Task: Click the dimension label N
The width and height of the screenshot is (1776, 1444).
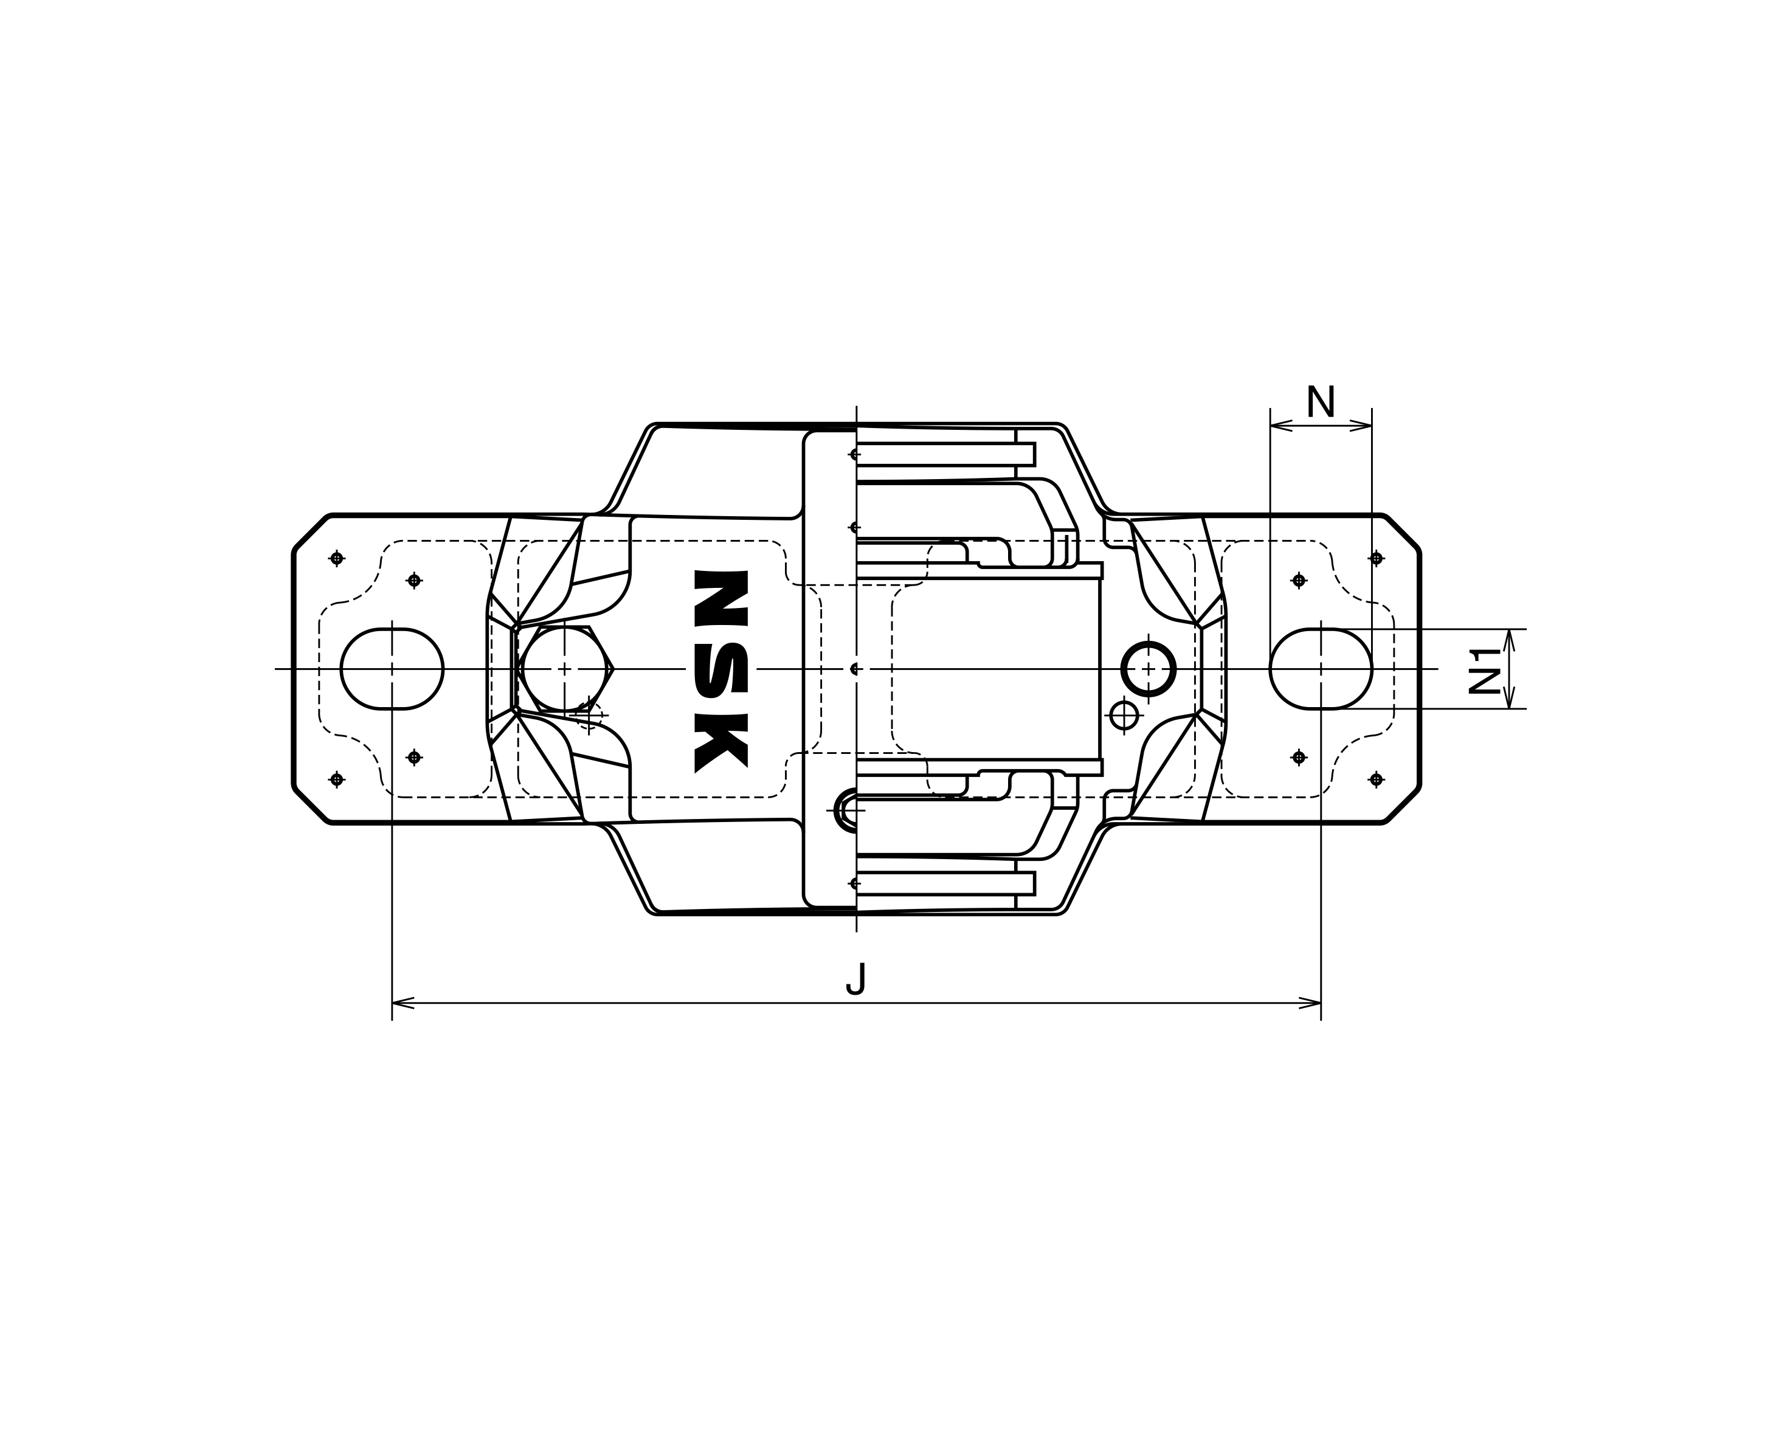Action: (x=1320, y=402)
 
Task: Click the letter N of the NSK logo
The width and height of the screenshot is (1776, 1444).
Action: (x=721, y=599)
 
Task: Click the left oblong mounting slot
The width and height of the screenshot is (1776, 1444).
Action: (x=392, y=669)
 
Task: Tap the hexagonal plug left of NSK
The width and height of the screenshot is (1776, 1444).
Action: (x=564, y=669)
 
